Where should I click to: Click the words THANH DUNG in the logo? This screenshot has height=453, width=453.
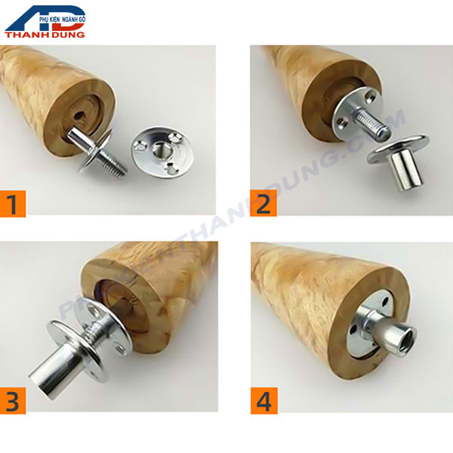(45, 33)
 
